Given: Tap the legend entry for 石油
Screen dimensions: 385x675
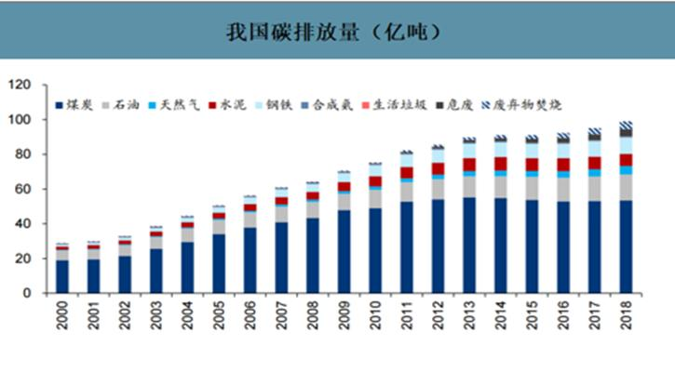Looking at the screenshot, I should pos(131,105).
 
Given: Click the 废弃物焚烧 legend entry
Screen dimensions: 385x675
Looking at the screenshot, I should pos(527,105).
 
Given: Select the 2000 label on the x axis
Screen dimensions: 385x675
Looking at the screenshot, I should pos(62,316).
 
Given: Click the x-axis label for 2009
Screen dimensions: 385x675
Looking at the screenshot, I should pos(344,316).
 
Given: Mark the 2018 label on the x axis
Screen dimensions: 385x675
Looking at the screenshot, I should pos(627,316).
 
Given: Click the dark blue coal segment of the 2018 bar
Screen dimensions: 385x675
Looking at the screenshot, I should pos(627,246).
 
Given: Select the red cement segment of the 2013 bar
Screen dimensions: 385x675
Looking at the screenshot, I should pos(470,165).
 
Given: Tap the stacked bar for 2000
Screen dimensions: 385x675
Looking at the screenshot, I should pos(62,270).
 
